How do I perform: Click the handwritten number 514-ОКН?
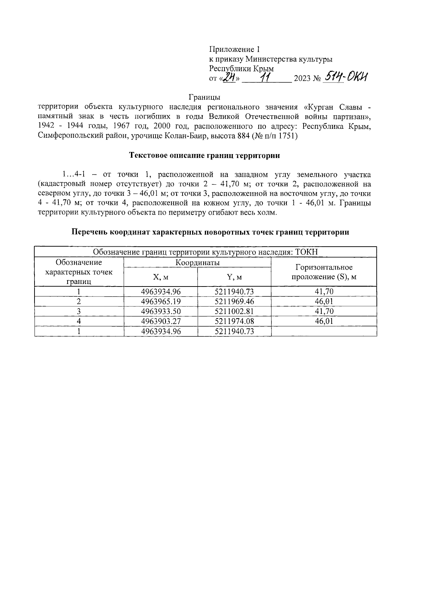344,77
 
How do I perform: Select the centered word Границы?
204,97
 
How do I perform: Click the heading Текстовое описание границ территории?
204,156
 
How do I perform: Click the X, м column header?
160,277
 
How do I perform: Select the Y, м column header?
234,277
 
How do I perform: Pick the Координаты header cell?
197,263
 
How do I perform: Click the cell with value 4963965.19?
161,301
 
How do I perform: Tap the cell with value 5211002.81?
234,311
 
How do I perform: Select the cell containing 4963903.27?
161,321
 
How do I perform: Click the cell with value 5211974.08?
234,321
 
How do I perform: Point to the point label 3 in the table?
79,311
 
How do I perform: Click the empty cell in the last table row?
323,331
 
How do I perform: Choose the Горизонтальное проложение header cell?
323,272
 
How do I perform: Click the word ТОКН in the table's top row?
306,252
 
